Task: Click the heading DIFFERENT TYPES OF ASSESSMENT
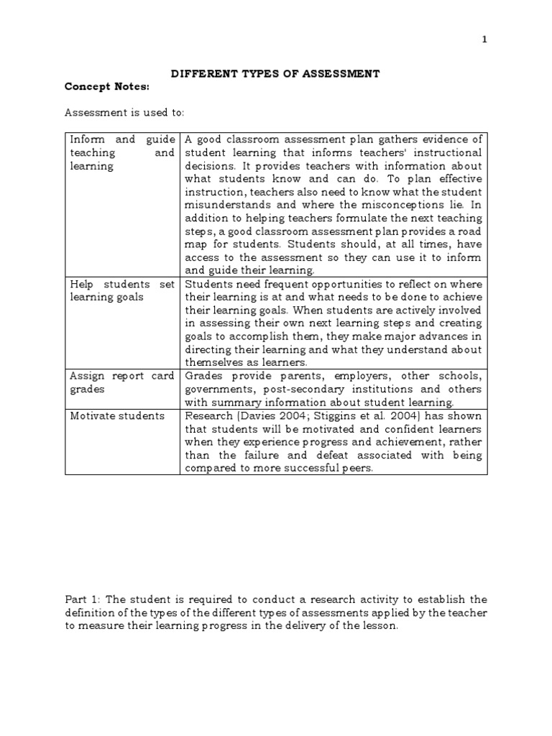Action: pyautogui.click(x=274, y=74)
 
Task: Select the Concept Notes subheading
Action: pyautogui.click(x=107, y=87)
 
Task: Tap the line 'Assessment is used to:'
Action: pyautogui.click(x=124, y=113)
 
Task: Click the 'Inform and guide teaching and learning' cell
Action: pyautogui.click(x=121, y=153)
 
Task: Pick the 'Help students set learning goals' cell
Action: pyautogui.click(x=121, y=290)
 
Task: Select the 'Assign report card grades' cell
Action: pyautogui.click(x=121, y=382)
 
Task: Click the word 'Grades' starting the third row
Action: pyautogui.click(x=204, y=376)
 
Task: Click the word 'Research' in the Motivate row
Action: pyautogui.click(x=208, y=416)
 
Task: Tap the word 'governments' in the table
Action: pyautogui.click(x=219, y=390)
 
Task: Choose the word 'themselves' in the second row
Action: pyautogui.click(x=213, y=363)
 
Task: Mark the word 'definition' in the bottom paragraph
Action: pyautogui.click(x=93, y=612)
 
